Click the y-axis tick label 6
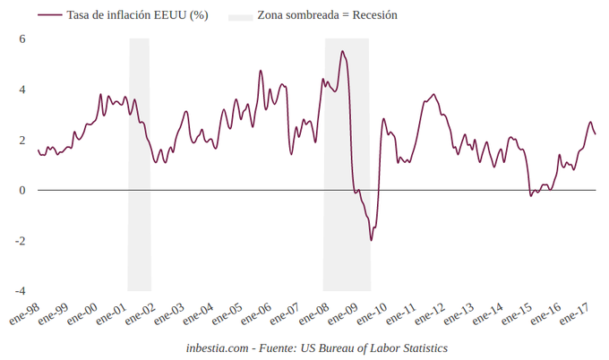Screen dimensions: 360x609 (22, 39)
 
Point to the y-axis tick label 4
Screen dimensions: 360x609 (22, 90)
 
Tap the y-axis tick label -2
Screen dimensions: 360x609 (21, 241)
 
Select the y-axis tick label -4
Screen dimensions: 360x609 (21, 291)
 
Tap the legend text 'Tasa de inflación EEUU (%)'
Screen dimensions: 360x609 (137, 15)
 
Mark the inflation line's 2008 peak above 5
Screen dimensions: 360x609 (342, 52)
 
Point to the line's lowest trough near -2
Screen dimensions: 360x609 (371, 240)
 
